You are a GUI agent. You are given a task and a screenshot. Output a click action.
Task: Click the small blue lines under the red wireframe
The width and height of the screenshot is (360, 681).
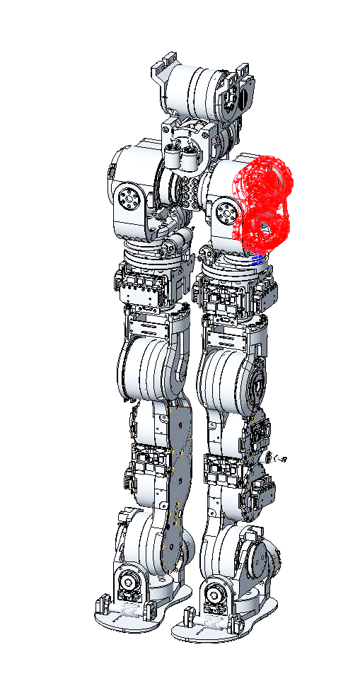click(258, 257)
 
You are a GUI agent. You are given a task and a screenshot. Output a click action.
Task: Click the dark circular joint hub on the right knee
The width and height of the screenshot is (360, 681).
click(259, 386)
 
